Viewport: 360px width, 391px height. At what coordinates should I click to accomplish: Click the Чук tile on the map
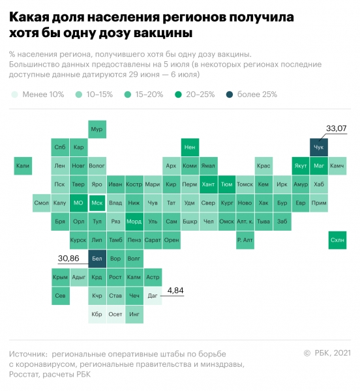pyautogui.click(x=319, y=148)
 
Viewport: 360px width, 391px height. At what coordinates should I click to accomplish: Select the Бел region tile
pyautogui.click(x=97, y=259)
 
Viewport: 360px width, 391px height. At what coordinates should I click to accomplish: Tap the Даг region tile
pyautogui.click(x=153, y=296)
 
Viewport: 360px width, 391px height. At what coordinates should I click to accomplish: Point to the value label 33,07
pyautogui.click(x=337, y=129)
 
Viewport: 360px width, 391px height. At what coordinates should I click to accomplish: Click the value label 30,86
pyautogui.click(x=68, y=259)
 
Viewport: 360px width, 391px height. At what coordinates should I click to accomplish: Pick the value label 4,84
pyautogui.click(x=175, y=290)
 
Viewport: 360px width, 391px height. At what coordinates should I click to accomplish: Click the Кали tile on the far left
pyautogui.click(x=23, y=166)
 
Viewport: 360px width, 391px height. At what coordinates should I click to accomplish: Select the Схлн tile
pyautogui.click(x=338, y=240)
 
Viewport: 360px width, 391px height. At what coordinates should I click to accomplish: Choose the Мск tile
pyautogui.click(x=97, y=203)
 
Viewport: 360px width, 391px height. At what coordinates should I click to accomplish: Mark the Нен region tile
pyautogui.click(x=190, y=148)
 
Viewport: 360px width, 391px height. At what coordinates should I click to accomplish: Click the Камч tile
pyautogui.click(x=337, y=166)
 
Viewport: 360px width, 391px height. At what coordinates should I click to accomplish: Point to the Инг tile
pyautogui.click(x=134, y=314)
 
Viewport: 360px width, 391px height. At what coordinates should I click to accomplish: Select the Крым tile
pyautogui.click(x=60, y=278)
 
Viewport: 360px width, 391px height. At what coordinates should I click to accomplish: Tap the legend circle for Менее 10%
pyautogui.click(x=14, y=94)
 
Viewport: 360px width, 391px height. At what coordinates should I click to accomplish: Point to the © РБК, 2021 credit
pyautogui.click(x=327, y=353)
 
